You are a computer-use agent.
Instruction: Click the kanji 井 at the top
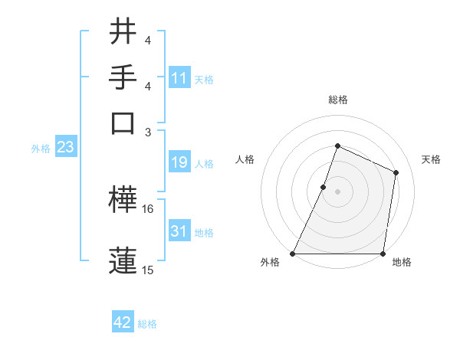pyautogui.click(x=123, y=33)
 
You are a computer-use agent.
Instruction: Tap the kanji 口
pyautogui.click(x=123, y=122)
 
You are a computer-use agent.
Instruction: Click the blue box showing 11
pyautogui.click(x=179, y=78)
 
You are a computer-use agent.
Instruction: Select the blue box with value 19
pyautogui.click(x=179, y=162)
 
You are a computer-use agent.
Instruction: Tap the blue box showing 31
pyautogui.click(x=179, y=231)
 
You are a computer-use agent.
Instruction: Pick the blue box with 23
pyautogui.click(x=65, y=148)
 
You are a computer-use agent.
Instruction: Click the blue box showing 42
pyautogui.click(x=123, y=322)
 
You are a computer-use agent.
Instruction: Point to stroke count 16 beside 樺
pyautogui.click(x=148, y=208)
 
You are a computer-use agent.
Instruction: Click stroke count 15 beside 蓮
pyautogui.click(x=148, y=270)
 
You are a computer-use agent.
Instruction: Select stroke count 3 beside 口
pyautogui.click(x=148, y=132)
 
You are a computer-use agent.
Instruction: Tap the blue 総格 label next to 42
pyautogui.click(x=147, y=324)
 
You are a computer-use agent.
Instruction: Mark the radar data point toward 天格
pyautogui.click(x=396, y=172)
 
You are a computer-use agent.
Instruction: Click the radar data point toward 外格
pyautogui.click(x=293, y=254)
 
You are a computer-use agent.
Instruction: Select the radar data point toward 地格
pyautogui.click(x=383, y=254)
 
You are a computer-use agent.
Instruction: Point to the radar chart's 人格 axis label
pyautogui.click(x=245, y=159)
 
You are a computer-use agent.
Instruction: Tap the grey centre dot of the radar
pyautogui.click(x=337, y=191)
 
